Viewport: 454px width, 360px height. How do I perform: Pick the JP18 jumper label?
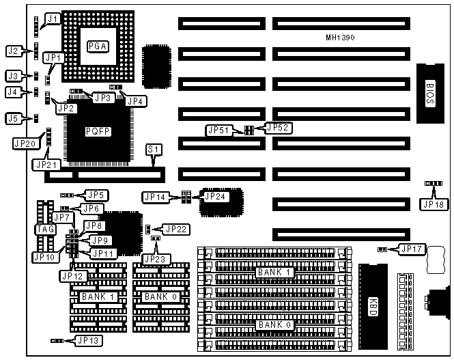433,203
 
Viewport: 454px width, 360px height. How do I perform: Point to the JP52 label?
278,127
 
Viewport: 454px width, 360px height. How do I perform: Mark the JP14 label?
156,197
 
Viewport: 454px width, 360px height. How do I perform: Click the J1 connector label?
51,20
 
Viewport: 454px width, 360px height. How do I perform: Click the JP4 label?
137,100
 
